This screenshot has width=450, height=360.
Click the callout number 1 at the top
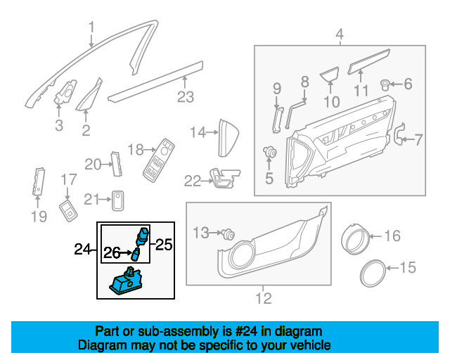pyautogui.click(x=91, y=28)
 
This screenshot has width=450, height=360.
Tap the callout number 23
pyautogui.click(x=185, y=97)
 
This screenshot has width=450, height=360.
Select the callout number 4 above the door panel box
pyautogui.click(x=339, y=34)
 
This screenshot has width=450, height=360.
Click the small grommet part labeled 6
pyautogui.click(x=386, y=85)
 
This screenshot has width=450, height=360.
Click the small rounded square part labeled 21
pyautogui.click(x=118, y=200)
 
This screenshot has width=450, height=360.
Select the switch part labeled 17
pyautogui.click(x=68, y=209)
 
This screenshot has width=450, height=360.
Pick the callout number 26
pyautogui.click(x=112, y=252)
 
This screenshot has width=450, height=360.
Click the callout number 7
pyautogui.click(x=418, y=139)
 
